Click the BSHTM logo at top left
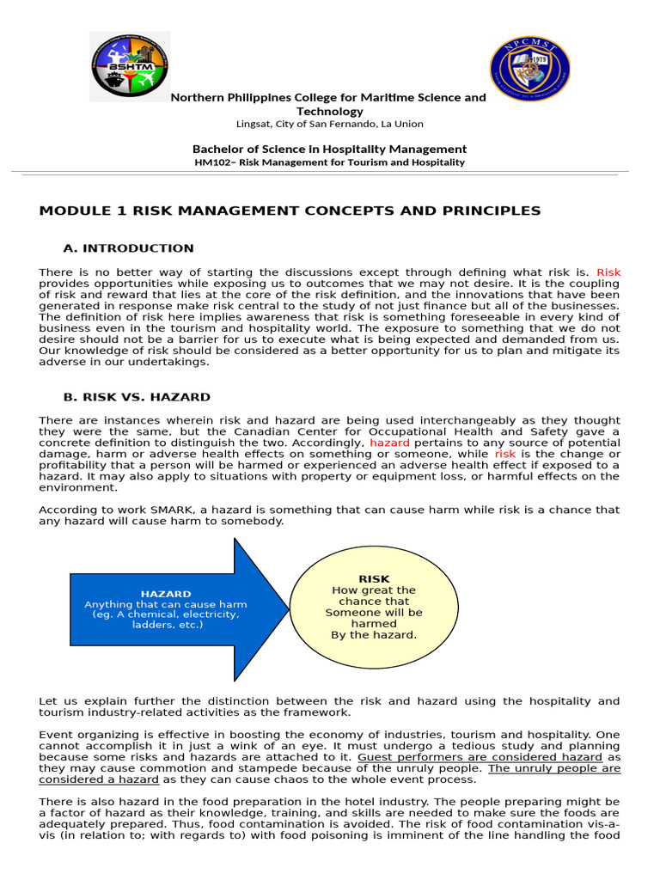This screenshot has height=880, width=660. pos(130,67)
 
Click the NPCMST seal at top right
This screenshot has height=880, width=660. pos(529,70)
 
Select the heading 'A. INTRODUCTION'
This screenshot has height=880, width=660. pos(129,248)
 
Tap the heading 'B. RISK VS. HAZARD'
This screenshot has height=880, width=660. pos(137,397)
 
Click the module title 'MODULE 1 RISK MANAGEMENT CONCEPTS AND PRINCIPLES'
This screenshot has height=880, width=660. pos(290,211)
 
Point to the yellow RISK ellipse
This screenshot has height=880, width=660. pos(374,607)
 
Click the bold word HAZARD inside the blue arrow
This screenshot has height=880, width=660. pos(166,594)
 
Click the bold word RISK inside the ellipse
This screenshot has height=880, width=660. pos(374,579)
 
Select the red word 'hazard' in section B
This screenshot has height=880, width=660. pos(389,443)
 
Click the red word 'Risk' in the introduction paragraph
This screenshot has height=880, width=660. pos(608,272)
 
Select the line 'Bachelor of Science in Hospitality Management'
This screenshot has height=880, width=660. pos(330,149)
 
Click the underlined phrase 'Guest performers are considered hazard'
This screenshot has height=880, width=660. pos(480,757)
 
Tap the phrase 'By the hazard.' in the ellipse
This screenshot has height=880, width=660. pos(374,635)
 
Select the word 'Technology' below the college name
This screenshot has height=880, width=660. pos(330,111)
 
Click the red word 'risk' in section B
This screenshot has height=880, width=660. pos(505,454)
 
